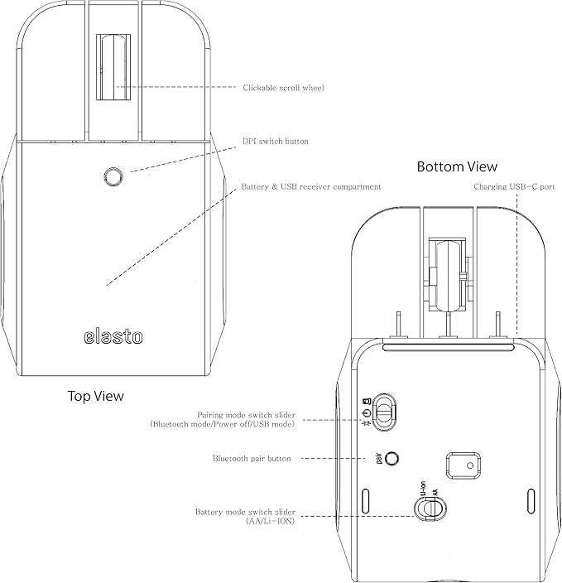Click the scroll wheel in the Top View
click(113, 67)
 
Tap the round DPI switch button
click(113, 176)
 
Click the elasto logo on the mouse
click(113, 336)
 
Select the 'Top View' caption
click(95, 396)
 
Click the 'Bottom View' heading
click(457, 166)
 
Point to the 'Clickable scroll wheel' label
click(283, 88)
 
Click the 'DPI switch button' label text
click(276, 142)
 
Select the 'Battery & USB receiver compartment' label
click(311, 186)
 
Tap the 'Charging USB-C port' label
click(514, 186)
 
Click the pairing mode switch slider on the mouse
click(385, 412)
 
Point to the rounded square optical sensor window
click(464, 465)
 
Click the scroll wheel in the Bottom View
click(448, 276)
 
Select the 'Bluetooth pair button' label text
click(252, 459)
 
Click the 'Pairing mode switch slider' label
click(246, 415)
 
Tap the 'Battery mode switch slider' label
click(245, 512)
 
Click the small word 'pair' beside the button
click(379, 458)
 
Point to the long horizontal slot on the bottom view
click(449, 348)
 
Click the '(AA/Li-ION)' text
click(270, 521)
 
